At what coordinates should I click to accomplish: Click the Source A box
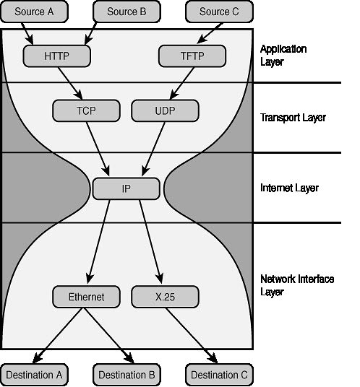point(35,12)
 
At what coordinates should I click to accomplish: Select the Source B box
point(127,12)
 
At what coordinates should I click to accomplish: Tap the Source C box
point(219,12)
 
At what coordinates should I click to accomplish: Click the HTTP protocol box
point(57,56)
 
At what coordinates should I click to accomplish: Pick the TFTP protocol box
point(192,56)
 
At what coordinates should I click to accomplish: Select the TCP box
point(86,110)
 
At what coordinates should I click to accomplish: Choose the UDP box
point(165,110)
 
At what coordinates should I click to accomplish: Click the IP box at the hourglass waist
point(126,188)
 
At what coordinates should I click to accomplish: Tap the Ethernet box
point(86,297)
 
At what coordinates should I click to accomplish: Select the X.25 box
point(165,297)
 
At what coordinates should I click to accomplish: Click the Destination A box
point(35,375)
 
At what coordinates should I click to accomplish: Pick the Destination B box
point(127,375)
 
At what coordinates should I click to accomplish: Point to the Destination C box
point(219,375)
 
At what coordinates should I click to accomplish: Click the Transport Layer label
point(293,118)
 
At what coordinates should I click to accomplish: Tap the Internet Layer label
point(289,188)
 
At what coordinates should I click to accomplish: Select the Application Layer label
point(283,56)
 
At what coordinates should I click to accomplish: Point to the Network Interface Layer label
point(297,285)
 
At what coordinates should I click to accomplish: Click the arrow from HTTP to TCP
point(70,83)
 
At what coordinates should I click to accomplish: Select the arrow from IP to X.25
point(151,242)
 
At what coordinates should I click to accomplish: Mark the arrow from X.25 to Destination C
point(192,336)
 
